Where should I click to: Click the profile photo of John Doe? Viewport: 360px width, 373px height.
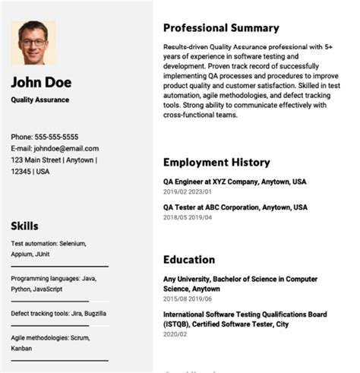tap(33, 43)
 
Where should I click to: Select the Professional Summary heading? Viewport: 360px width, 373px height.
tap(221, 28)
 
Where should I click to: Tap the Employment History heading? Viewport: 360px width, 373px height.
tap(216, 162)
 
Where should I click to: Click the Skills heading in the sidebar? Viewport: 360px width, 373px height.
tap(24, 226)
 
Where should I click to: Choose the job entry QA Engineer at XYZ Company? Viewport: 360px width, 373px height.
tap(235, 182)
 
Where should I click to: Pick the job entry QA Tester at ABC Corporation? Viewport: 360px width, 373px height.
tap(235, 207)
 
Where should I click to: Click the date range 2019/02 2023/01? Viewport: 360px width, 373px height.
tap(188, 193)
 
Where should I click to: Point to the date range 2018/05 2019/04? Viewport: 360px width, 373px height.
tap(188, 218)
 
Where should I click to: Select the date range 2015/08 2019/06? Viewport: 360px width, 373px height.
tap(188, 300)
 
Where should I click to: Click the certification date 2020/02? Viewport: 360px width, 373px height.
tap(175, 334)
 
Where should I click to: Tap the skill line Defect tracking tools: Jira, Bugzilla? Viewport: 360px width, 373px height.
tap(58, 313)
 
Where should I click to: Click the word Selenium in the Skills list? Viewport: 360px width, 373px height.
tap(72, 243)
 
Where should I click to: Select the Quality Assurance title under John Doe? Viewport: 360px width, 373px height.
tap(39, 100)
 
